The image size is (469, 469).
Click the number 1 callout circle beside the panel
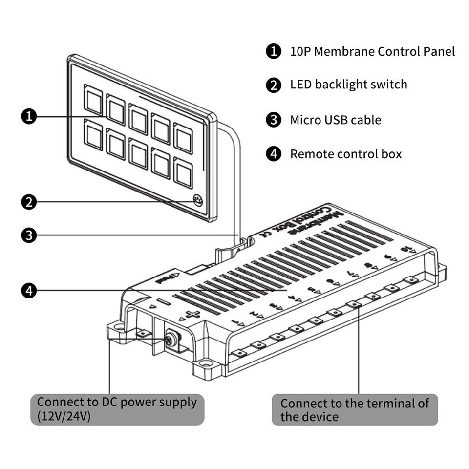pos(29,116)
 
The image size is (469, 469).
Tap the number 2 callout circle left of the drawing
pos(29,202)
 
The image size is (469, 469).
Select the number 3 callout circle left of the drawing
pos(29,235)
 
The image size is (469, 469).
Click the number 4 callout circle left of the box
pos(29,291)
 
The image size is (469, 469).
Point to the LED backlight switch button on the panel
pos(198,200)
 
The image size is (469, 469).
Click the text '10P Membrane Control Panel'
pos(372,51)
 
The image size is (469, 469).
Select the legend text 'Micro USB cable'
pos(335,120)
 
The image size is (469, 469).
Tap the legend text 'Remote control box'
pos(345,154)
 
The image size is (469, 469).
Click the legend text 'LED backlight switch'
pos(348,85)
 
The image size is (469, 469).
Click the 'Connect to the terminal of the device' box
pos(355,409)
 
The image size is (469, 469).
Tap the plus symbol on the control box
pos(194,315)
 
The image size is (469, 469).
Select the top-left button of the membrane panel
pos(92,98)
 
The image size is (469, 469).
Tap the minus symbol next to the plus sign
pos(163,303)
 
